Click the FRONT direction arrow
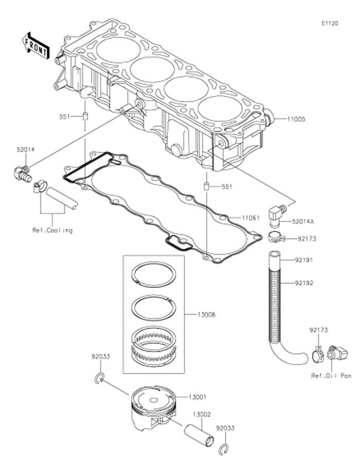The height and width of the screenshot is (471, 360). [x=35, y=46]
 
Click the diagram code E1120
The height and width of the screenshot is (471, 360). [x=330, y=24]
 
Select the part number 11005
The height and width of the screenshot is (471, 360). [x=296, y=119]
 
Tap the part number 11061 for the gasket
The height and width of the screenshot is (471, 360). [x=250, y=218]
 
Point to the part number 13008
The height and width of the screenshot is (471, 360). [x=206, y=315]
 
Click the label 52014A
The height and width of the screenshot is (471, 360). [x=302, y=222]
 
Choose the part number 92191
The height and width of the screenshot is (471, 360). [x=304, y=260]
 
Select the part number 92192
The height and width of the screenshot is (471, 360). [x=304, y=283]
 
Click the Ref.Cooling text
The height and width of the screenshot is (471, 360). [x=52, y=230]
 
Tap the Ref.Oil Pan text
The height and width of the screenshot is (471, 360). [x=331, y=375]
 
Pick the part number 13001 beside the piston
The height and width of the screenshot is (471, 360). [x=197, y=397]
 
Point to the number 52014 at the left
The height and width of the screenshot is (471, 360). [x=26, y=150]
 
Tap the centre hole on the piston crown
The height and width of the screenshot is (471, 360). [x=153, y=400]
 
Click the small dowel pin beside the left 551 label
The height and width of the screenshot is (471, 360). [x=85, y=116]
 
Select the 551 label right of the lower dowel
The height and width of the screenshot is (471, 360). [x=227, y=187]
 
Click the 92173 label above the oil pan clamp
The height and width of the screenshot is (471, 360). [x=318, y=330]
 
